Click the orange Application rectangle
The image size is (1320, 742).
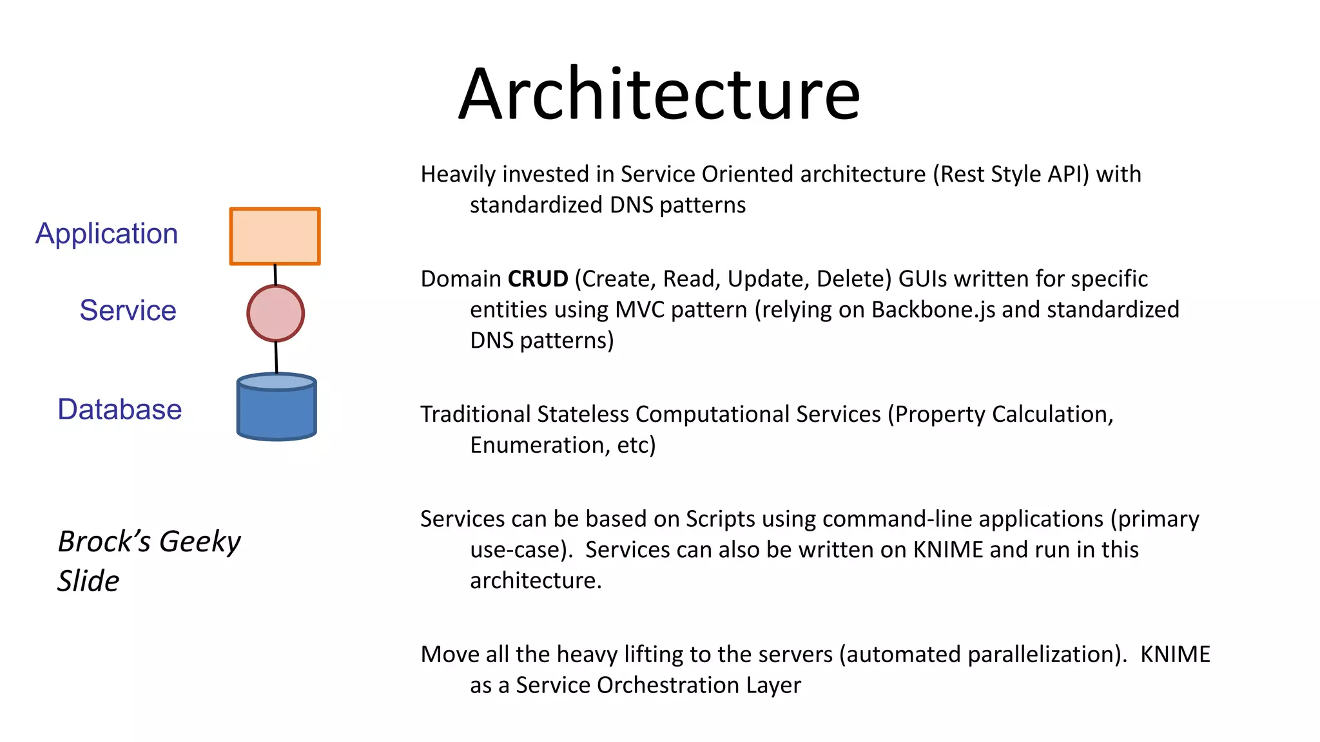pos(275,236)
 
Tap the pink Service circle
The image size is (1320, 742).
pos(275,313)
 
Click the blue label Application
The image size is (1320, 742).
pos(107,234)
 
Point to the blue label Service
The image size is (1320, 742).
pos(128,310)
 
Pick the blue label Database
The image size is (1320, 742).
pos(120,410)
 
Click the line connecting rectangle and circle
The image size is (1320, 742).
pos(275,275)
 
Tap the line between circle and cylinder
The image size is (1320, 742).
pos(277,357)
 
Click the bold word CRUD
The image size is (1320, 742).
pos(538,279)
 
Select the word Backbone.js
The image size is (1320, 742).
pos(933,310)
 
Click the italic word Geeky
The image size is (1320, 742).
pos(200,542)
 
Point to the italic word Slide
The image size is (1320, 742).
pos(88,581)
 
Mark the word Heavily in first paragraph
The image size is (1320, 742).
pos(458,175)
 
